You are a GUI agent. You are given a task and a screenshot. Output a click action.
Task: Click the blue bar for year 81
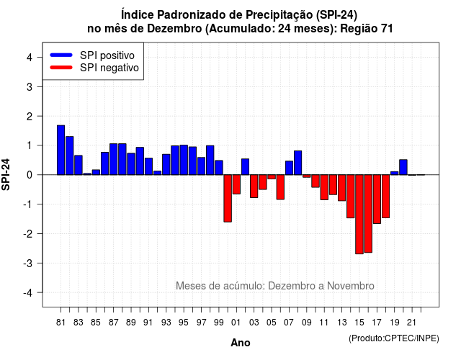(x=61, y=150)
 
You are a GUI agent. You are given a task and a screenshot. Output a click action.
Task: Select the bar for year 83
(x=79, y=165)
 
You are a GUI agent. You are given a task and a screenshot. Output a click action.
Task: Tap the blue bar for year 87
(x=114, y=159)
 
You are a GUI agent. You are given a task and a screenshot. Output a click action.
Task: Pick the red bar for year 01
(x=236, y=184)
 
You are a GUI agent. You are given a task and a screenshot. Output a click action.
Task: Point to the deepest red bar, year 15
(x=359, y=215)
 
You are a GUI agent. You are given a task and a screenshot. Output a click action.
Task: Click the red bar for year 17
(x=377, y=199)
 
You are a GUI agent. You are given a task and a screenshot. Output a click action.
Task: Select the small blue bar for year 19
(x=395, y=173)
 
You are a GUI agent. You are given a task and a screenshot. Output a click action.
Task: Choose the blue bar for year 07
(x=289, y=168)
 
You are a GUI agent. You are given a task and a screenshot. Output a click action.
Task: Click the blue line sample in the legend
(x=61, y=55)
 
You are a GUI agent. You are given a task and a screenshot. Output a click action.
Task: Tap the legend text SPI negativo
(x=109, y=68)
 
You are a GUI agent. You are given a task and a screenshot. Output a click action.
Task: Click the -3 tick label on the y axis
(x=27, y=263)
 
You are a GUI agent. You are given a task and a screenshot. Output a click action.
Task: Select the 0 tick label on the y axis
(x=30, y=175)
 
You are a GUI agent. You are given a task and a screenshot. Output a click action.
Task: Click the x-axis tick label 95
(x=184, y=323)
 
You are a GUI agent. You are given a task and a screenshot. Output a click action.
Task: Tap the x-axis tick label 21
(x=412, y=323)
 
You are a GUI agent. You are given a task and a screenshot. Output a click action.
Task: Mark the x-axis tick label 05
(x=272, y=323)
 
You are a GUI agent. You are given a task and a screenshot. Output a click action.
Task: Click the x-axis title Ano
(x=241, y=343)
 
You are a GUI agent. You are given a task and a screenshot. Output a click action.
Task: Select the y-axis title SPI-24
(x=6, y=174)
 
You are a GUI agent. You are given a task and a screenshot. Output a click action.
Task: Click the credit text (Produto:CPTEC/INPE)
(x=394, y=338)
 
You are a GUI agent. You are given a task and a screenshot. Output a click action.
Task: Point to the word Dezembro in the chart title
(x=174, y=29)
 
